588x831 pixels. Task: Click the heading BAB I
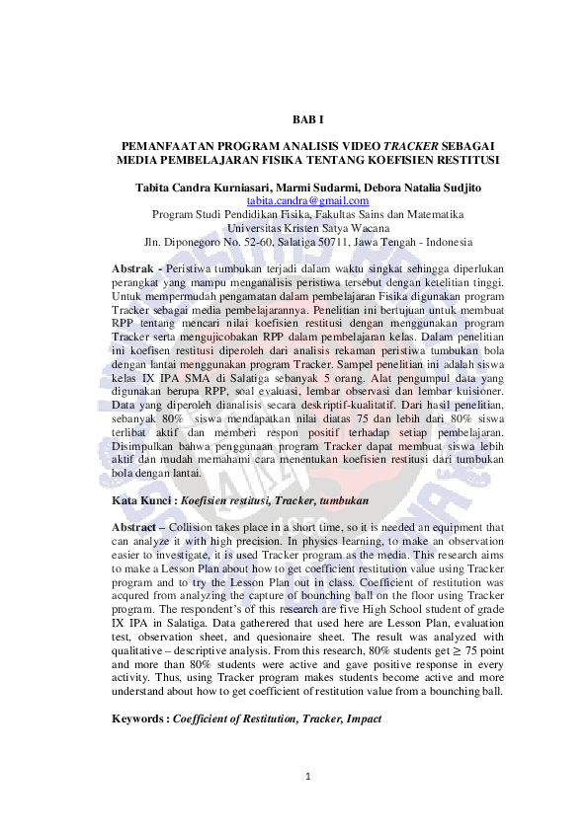307,119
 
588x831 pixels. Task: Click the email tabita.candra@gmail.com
307,200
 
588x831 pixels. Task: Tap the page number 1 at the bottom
308,776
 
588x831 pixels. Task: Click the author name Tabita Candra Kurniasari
203,187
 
